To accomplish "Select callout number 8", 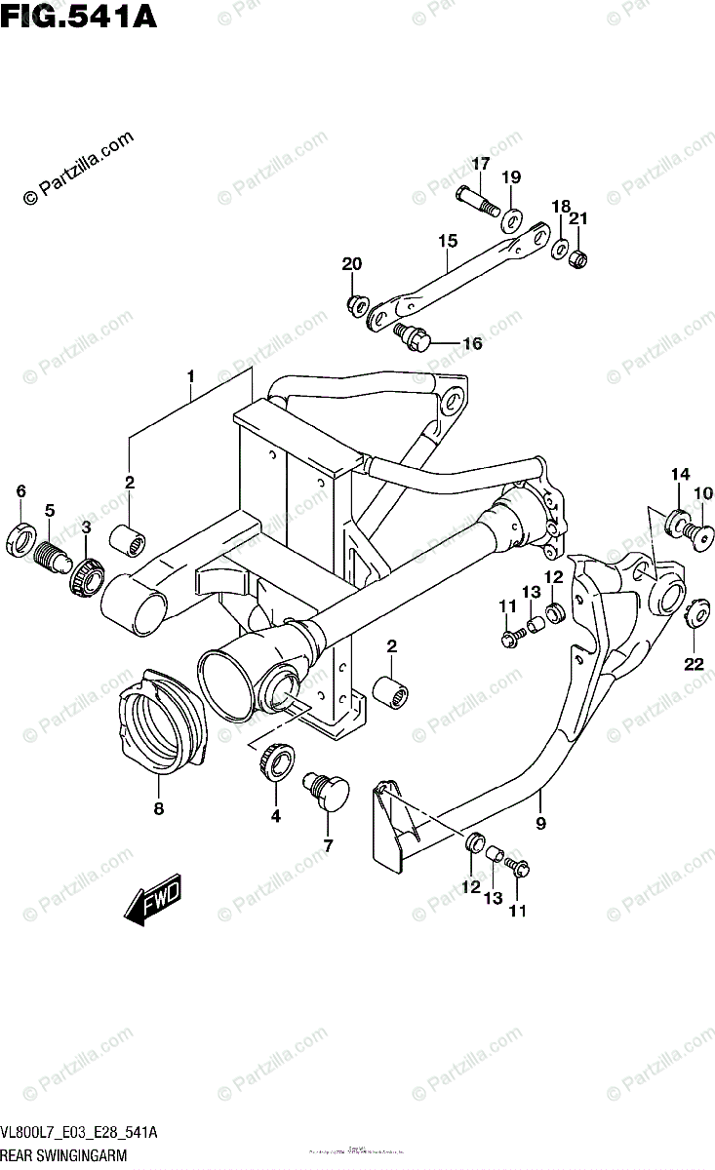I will click(158, 807).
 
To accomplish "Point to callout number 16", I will click(472, 343).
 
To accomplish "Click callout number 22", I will click(693, 665).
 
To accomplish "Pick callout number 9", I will click(540, 822).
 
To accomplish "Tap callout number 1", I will click(191, 375).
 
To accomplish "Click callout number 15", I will click(447, 240).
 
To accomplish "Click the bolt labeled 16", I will click(416, 337).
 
